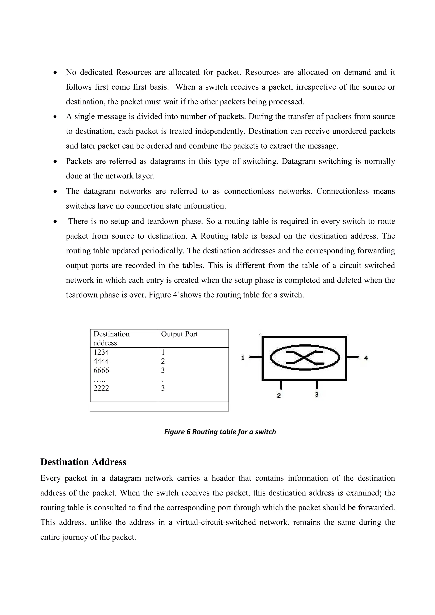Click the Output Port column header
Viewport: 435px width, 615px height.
179,334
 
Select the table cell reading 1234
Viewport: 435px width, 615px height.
101,352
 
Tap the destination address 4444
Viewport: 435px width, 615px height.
101,361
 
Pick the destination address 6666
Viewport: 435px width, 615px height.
101,371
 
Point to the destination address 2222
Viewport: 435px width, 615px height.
101,388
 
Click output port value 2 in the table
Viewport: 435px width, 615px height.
163,361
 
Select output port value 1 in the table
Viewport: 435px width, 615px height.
163,352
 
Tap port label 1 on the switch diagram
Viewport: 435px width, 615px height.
243,358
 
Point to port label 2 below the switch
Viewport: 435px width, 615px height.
279,396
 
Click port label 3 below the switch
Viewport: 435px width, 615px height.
316,395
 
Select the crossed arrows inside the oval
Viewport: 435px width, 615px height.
305,357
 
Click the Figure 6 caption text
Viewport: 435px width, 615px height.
220,432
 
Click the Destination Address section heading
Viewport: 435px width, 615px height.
83,462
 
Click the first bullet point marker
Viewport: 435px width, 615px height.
55,73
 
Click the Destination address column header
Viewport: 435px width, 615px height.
111,338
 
